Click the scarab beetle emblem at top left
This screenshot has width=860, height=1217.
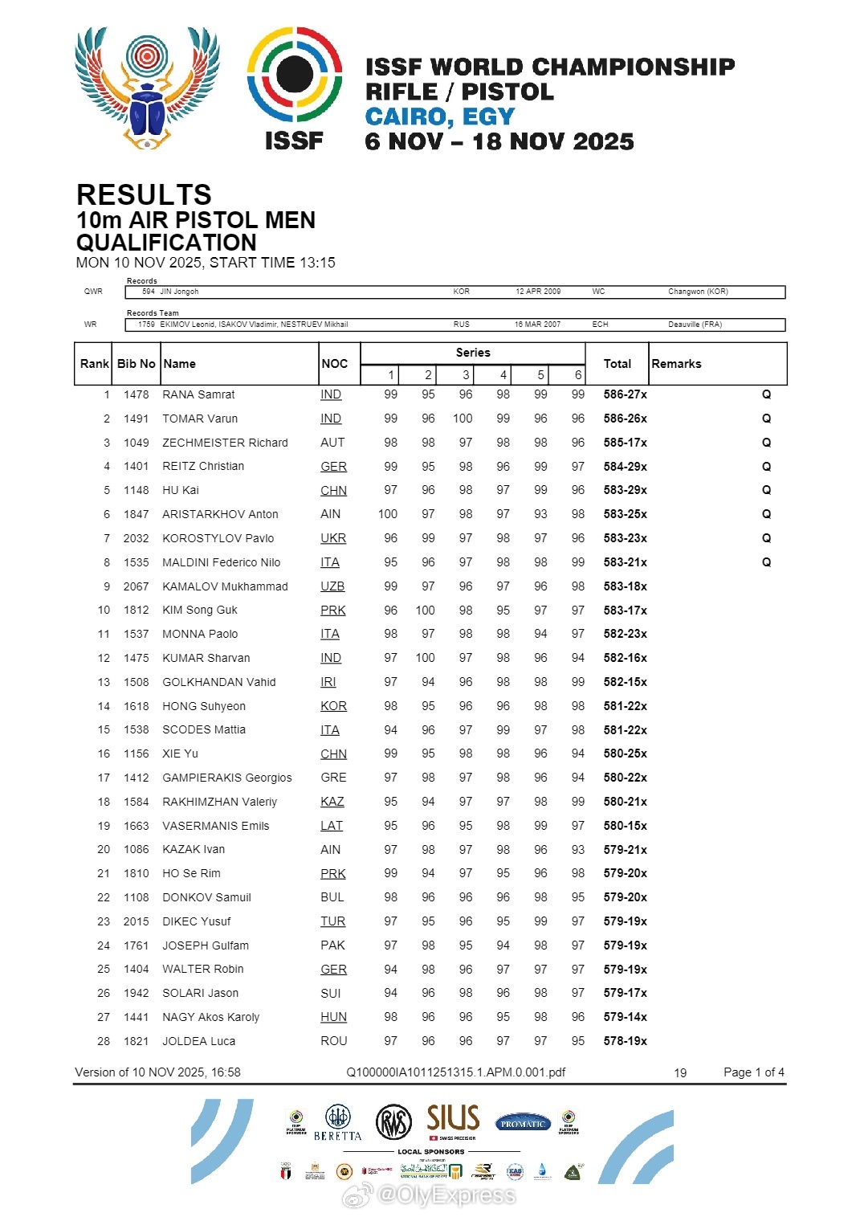click(x=147, y=88)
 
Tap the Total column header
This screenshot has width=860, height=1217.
click(x=617, y=364)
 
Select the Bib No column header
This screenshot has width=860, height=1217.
click(x=137, y=364)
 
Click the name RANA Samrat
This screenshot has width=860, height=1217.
click(x=198, y=394)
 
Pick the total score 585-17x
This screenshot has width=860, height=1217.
click(x=625, y=443)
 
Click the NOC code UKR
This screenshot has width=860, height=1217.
click(x=333, y=538)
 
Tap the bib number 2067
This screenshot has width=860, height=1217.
click(x=137, y=586)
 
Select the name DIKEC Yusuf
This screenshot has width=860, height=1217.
click(x=196, y=921)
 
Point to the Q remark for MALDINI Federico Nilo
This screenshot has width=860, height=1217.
click(x=766, y=562)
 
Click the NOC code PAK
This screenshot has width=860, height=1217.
click(x=332, y=945)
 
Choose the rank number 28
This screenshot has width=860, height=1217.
click(x=104, y=1041)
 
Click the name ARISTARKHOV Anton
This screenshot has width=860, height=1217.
click(x=220, y=514)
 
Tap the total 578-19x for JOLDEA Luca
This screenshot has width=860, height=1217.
click(x=625, y=1041)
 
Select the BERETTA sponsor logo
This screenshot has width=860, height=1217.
click(x=337, y=1123)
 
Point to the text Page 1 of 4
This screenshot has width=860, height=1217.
click(x=753, y=1072)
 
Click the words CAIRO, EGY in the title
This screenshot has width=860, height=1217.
click(x=439, y=117)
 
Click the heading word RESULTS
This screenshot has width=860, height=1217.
click(x=144, y=195)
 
